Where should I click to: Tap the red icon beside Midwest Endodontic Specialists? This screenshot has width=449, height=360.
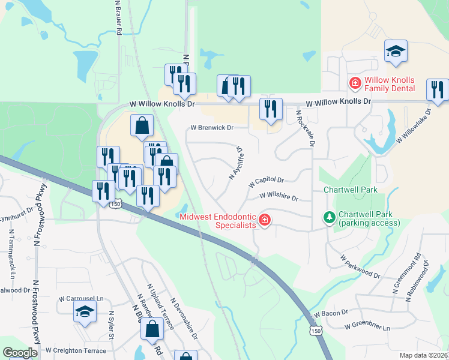264,221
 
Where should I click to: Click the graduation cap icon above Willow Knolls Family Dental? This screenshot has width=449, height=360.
396,51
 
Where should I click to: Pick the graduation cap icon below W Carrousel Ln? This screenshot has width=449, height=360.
85,311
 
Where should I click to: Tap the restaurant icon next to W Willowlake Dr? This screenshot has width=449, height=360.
437,90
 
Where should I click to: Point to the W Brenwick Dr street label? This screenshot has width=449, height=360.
211,128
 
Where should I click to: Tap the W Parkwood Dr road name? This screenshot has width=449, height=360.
360,267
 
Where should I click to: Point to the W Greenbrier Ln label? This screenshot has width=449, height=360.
367,328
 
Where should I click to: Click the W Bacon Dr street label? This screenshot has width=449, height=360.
330,313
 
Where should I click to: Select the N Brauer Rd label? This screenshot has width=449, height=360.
119,17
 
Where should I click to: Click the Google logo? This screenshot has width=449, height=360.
20,353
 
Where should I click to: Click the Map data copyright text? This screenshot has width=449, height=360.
424,355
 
